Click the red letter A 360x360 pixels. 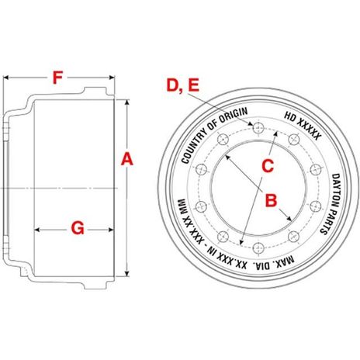point(129,161)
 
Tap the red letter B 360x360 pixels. point(272,202)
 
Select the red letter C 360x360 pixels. point(268,164)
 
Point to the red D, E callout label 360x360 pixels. point(183,87)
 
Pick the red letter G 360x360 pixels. point(77,228)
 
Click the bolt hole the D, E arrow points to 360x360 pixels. point(249,126)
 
